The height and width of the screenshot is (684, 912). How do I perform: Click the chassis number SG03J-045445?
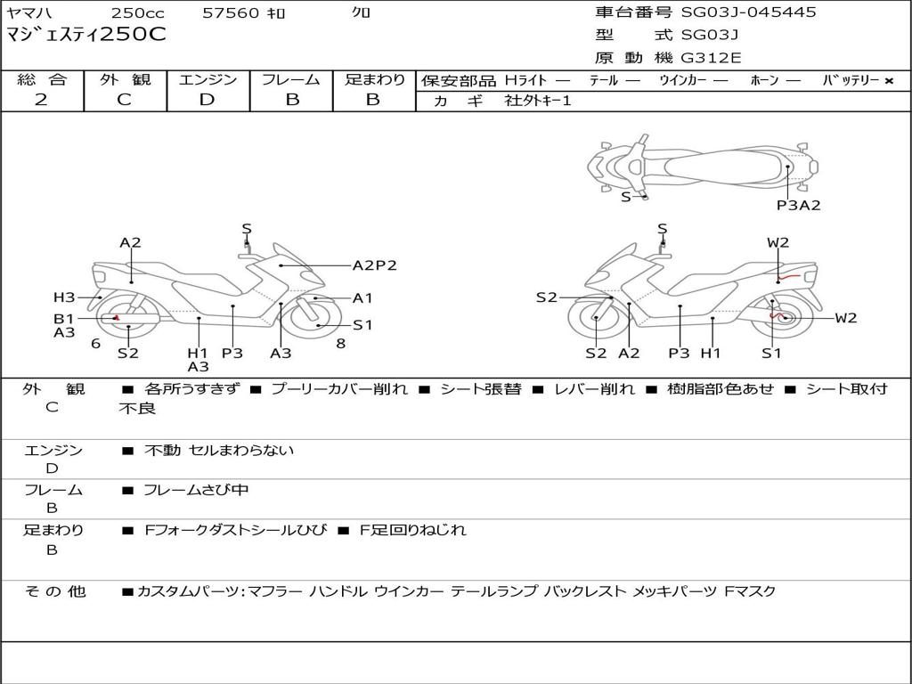(748, 12)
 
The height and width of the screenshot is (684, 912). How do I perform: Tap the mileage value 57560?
(231, 13)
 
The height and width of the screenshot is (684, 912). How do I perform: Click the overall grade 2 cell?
(41, 100)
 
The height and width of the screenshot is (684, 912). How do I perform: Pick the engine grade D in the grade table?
(207, 100)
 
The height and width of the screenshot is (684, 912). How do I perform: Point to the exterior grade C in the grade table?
(124, 100)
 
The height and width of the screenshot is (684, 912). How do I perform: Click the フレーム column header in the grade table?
(291, 80)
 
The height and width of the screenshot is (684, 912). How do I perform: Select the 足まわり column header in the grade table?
(374, 80)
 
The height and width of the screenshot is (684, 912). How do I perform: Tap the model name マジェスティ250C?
(85, 36)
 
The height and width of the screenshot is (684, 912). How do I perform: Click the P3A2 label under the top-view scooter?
(798, 205)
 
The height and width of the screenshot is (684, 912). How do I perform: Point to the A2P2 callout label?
(374, 265)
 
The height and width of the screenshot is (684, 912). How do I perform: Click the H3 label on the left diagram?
(63, 297)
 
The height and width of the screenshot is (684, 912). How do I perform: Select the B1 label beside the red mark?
(63, 318)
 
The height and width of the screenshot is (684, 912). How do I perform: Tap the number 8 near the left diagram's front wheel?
(340, 343)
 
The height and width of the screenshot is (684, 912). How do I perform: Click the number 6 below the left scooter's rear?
(95, 343)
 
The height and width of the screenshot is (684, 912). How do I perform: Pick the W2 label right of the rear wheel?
(845, 318)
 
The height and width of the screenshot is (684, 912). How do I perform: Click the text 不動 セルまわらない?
(219, 451)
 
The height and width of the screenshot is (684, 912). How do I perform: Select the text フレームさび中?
(196, 490)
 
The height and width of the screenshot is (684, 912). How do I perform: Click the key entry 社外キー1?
(538, 101)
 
